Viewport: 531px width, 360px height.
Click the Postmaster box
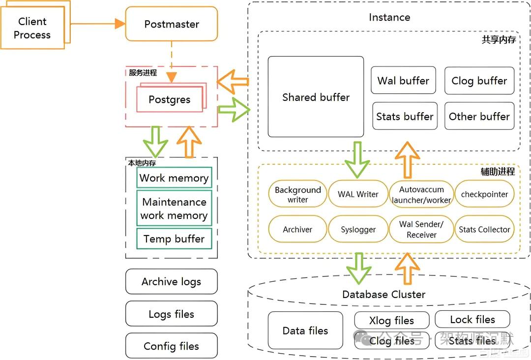pos(172,24)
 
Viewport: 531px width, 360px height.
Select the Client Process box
pos(32,28)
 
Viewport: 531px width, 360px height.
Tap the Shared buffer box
pos(316,97)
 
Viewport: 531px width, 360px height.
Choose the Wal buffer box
pos(403,81)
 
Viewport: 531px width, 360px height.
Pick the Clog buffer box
pos(479,81)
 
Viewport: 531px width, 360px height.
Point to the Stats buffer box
pos(405,116)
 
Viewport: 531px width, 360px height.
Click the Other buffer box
pos(479,116)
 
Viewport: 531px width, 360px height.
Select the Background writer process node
pos(297,194)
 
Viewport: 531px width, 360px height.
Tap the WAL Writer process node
pos(358,194)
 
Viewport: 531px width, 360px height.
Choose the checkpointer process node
pos(484,194)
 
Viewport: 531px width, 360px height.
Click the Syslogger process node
pos(358,230)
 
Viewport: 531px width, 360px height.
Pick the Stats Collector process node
pos(484,230)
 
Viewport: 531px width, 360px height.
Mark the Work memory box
pos(174,178)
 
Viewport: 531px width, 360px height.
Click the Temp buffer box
pos(174,239)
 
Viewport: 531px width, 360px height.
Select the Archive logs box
pos(171,282)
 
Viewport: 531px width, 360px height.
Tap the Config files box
pos(171,346)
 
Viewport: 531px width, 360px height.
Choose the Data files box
pos(305,331)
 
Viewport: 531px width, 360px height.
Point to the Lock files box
pos(472,320)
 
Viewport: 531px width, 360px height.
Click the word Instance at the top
pos(389,17)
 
